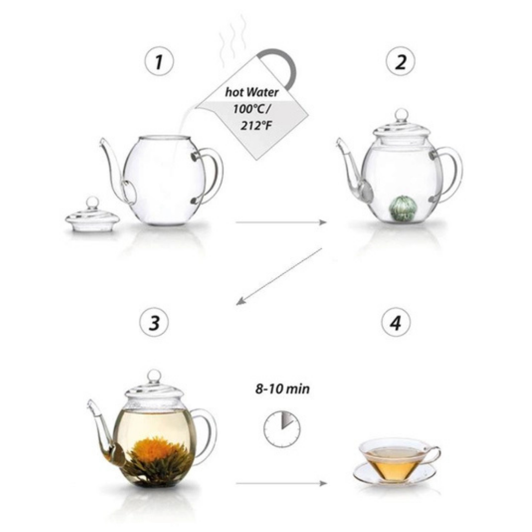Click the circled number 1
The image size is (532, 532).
pos(159,62)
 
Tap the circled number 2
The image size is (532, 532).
pos(401,62)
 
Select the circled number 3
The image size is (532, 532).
pos(154,322)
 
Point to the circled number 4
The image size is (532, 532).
pos(395,322)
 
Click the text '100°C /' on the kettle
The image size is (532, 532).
pos(252,109)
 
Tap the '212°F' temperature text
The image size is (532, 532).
pos(256,126)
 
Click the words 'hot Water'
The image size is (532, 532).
pos(252,92)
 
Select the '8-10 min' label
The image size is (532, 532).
pos(282,389)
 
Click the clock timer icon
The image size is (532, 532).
pos(282,429)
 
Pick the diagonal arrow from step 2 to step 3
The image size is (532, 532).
pos(279,276)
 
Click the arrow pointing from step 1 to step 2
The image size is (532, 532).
pos(281,222)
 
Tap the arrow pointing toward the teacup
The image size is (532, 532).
pos(281,483)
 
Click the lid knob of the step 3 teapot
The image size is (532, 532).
pos(154,377)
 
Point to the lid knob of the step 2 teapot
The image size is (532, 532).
pos(402,116)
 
